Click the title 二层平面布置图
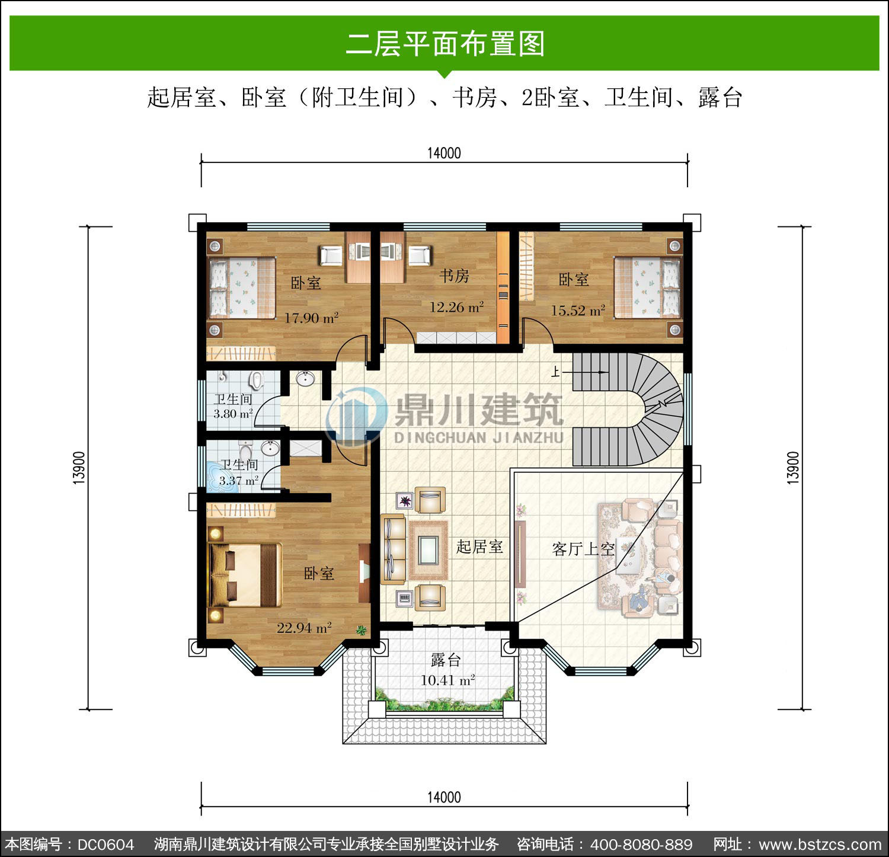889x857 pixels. [x=445, y=44]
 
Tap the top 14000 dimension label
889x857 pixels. [x=444, y=153]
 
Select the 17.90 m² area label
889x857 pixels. [x=311, y=318]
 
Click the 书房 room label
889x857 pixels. [x=455, y=276]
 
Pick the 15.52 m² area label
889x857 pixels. [x=578, y=310]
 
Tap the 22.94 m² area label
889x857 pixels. [x=304, y=627]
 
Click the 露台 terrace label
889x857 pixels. [x=445, y=659]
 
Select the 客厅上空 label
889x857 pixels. [x=583, y=549]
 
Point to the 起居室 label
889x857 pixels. [x=479, y=546]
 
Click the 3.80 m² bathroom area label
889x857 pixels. [x=233, y=414]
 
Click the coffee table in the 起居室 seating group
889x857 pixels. [x=427, y=550]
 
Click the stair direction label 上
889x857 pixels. [x=555, y=372]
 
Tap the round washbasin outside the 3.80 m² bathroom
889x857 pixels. [x=306, y=378]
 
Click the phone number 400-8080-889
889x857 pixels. [x=641, y=844]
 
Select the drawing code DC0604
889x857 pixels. [x=106, y=844]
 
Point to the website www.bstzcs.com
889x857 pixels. [x=820, y=844]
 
